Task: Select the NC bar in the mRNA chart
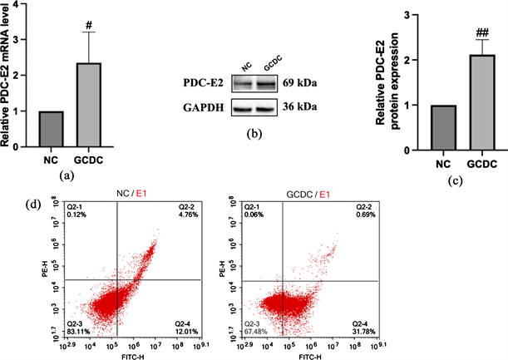coord(52,128)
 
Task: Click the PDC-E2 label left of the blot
coord(204,84)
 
